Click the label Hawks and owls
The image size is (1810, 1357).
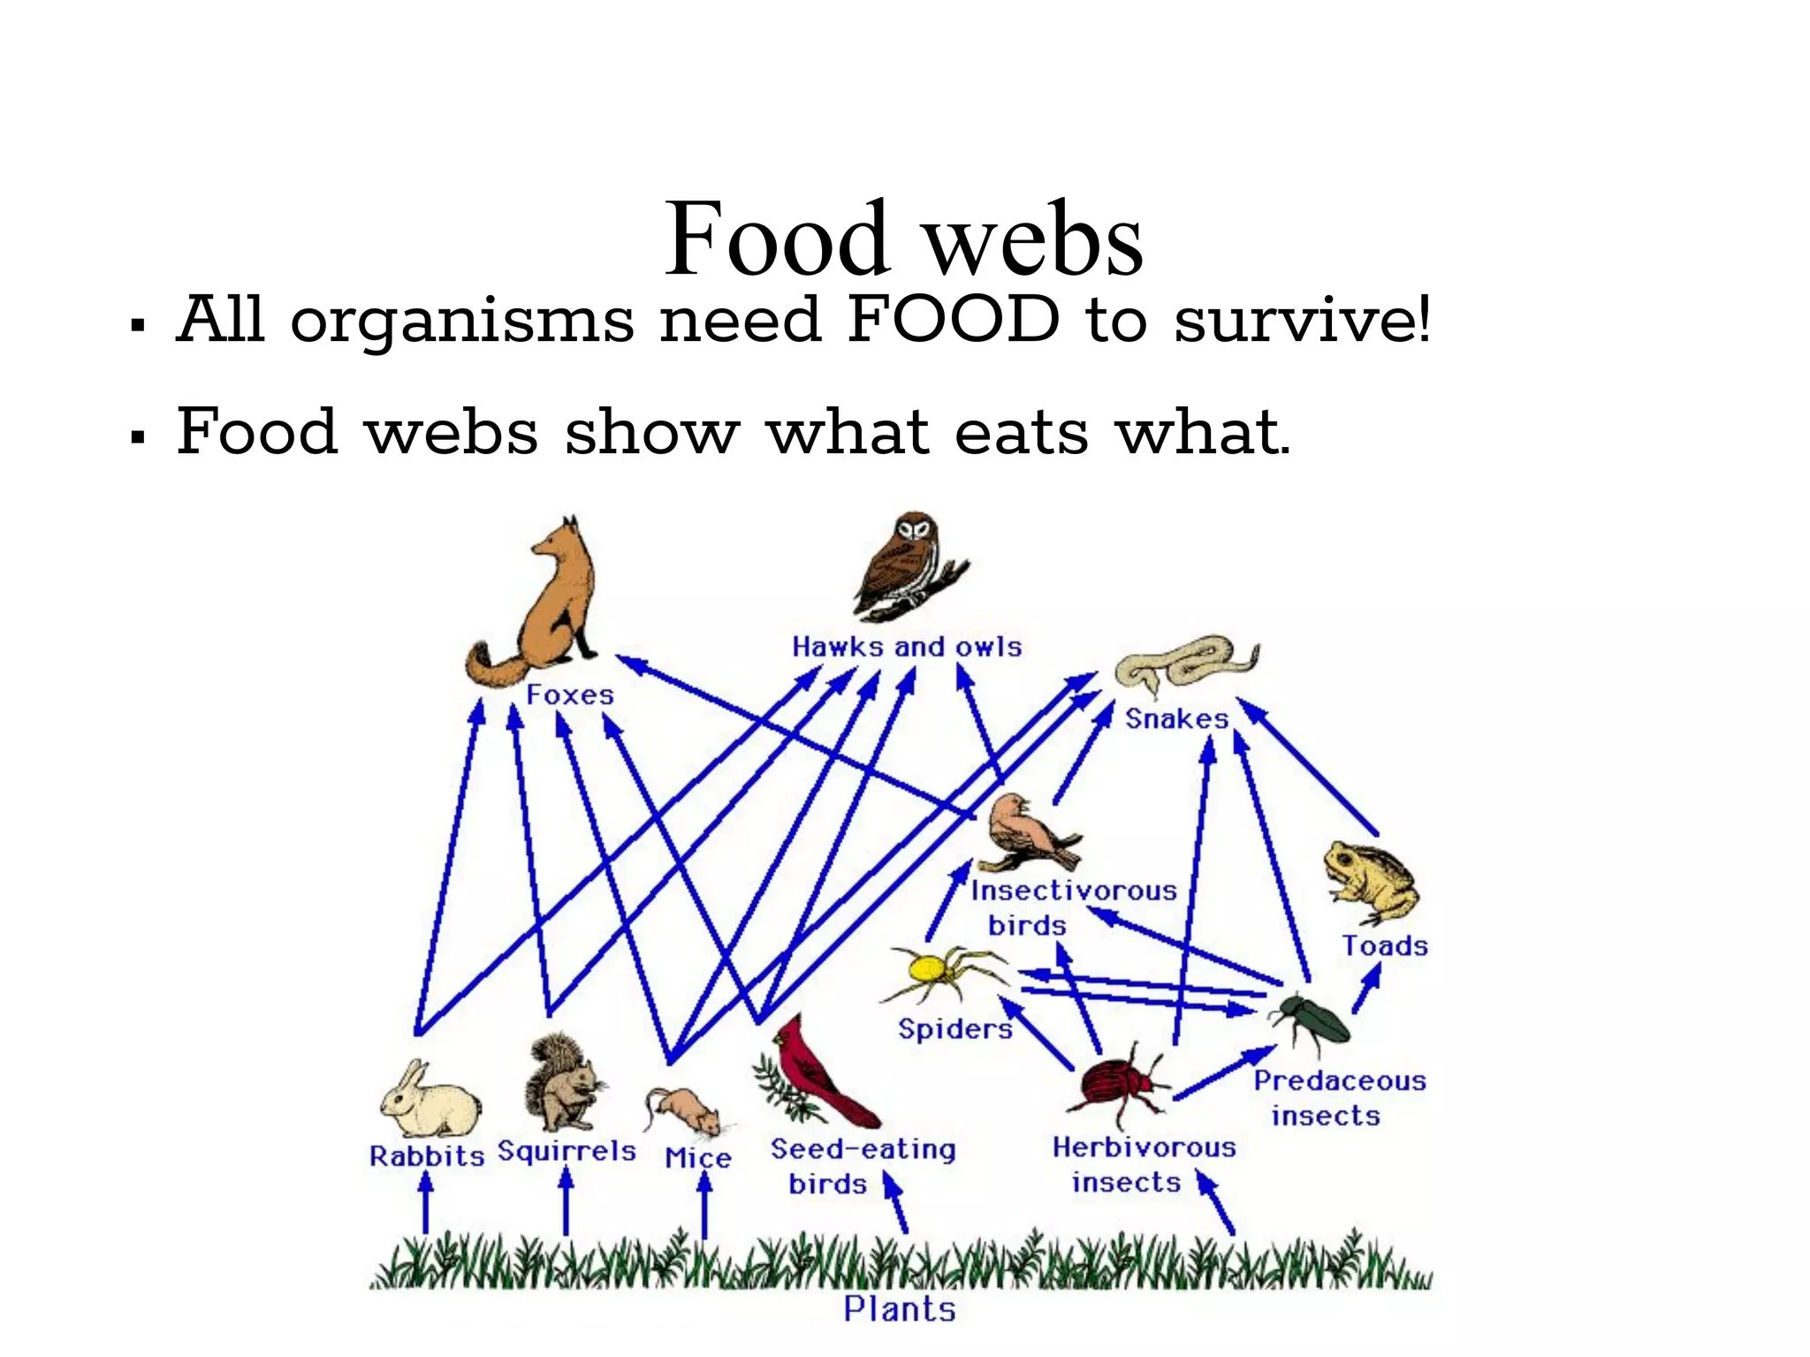[x=906, y=647]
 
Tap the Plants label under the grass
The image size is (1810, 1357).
[x=899, y=1308]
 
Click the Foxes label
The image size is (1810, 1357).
[x=569, y=694]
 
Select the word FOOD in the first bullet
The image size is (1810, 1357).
[x=953, y=320]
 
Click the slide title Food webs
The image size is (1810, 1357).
[x=903, y=239]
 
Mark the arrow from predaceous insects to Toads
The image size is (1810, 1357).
[x=1366, y=989]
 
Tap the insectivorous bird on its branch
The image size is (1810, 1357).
[x=1025, y=830]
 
